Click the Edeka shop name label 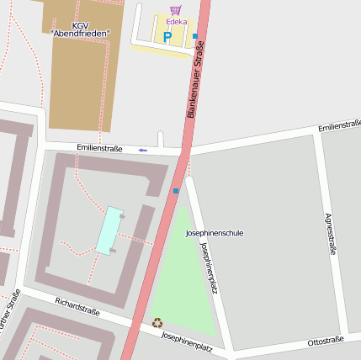click(x=177, y=22)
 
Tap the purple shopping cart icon click(x=175, y=11)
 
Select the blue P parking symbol click(x=167, y=37)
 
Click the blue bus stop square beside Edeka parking click(x=195, y=36)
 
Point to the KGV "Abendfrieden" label click(x=79, y=29)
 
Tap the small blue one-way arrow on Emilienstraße click(x=143, y=150)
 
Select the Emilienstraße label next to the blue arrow click(x=99, y=148)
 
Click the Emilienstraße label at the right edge click(x=339, y=126)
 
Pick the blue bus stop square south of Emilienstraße click(x=176, y=191)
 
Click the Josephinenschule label click(x=214, y=232)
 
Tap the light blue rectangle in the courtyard click(x=109, y=230)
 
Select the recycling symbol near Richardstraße click(x=157, y=321)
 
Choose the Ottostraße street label click(x=326, y=341)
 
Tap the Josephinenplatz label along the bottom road click(x=186, y=341)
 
